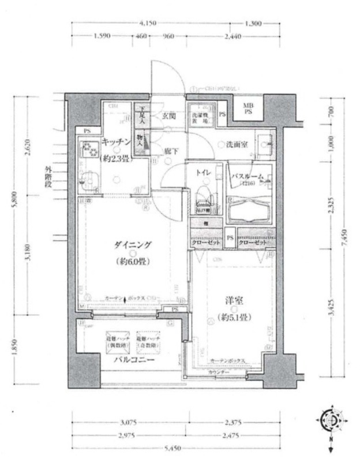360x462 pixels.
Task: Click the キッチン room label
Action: (118, 141)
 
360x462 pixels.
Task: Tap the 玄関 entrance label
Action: (168, 116)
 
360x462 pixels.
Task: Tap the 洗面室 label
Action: (237, 144)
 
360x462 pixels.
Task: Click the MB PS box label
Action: (247, 108)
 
